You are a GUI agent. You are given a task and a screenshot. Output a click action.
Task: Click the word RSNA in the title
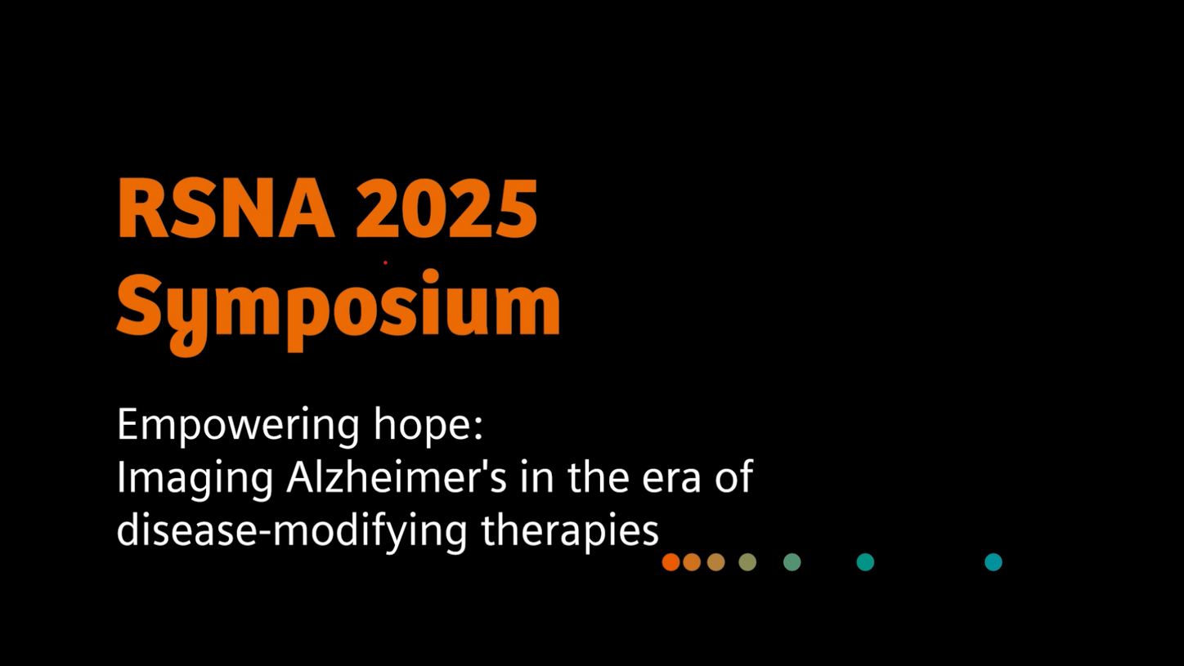[x=226, y=208]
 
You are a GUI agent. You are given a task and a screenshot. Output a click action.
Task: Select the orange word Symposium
[x=339, y=311]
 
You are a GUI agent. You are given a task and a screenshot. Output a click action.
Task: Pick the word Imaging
[x=195, y=479]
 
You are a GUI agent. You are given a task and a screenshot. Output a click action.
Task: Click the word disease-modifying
[x=292, y=530]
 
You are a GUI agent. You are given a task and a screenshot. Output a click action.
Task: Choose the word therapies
[x=570, y=530]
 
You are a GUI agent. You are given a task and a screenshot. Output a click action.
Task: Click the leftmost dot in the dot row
[x=670, y=562]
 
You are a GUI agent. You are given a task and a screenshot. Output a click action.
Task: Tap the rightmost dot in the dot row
[x=993, y=562]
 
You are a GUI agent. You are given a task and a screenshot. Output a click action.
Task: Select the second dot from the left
[x=692, y=562]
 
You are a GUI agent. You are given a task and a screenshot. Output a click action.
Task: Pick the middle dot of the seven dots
[x=747, y=562]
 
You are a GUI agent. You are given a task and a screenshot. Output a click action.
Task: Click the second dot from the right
[x=865, y=562]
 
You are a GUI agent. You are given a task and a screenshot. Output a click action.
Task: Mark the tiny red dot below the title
[x=385, y=262]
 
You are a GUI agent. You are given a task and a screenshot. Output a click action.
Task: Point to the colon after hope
[x=478, y=429]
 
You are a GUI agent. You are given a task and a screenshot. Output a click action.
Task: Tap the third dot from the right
[x=792, y=562]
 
